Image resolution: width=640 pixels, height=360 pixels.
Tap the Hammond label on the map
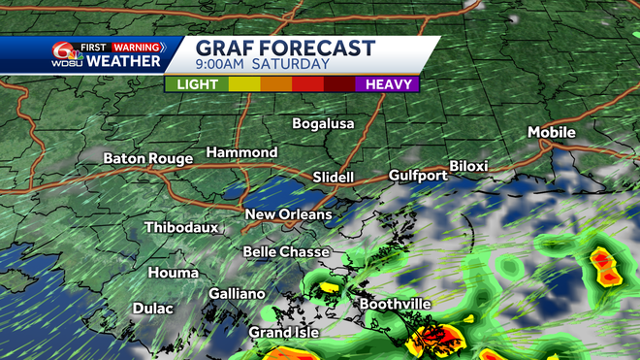(x=241, y=153)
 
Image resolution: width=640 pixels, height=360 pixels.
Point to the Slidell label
(x=335, y=178)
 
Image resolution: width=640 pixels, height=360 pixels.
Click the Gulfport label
(x=418, y=176)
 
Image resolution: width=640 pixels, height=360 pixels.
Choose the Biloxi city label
(x=469, y=167)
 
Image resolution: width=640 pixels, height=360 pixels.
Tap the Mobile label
(x=551, y=132)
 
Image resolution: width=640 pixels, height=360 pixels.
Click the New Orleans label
(x=288, y=214)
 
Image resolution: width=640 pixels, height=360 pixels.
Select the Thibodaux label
(x=181, y=228)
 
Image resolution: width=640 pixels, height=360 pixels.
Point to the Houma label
(x=173, y=274)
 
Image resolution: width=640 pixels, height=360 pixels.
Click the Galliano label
(x=237, y=294)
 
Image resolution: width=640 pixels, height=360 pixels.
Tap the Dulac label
(x=153, y=310)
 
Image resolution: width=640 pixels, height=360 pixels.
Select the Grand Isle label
(x=285, y=332)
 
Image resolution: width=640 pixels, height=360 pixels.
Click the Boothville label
(x=395, y=305)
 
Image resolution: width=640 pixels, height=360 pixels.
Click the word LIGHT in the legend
(x=196, y=84)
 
